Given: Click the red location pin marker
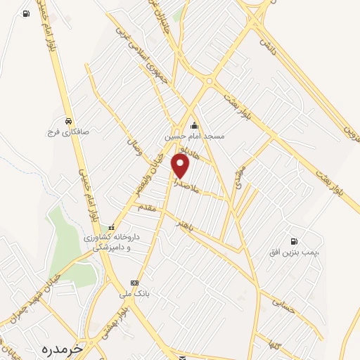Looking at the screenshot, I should [181, 166].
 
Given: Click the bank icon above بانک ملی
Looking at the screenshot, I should [134, 283].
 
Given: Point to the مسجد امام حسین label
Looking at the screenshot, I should [195, 136].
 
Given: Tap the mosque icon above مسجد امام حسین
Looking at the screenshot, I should [194, 125].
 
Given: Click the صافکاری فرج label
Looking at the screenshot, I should [65, 131].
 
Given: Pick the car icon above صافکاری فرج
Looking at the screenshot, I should [67, 120].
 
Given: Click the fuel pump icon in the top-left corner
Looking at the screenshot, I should [26, 14].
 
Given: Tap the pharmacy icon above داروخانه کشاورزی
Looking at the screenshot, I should [111, 227].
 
